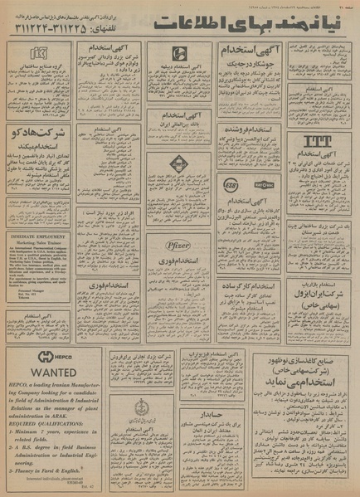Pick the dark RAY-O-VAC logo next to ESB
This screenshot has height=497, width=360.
(x=265, y=184)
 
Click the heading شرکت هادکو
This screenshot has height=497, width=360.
(x=39, y=133)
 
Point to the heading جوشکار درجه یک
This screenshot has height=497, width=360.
(x=251, y=71)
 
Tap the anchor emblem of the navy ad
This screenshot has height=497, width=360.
(x=143, y=408)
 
